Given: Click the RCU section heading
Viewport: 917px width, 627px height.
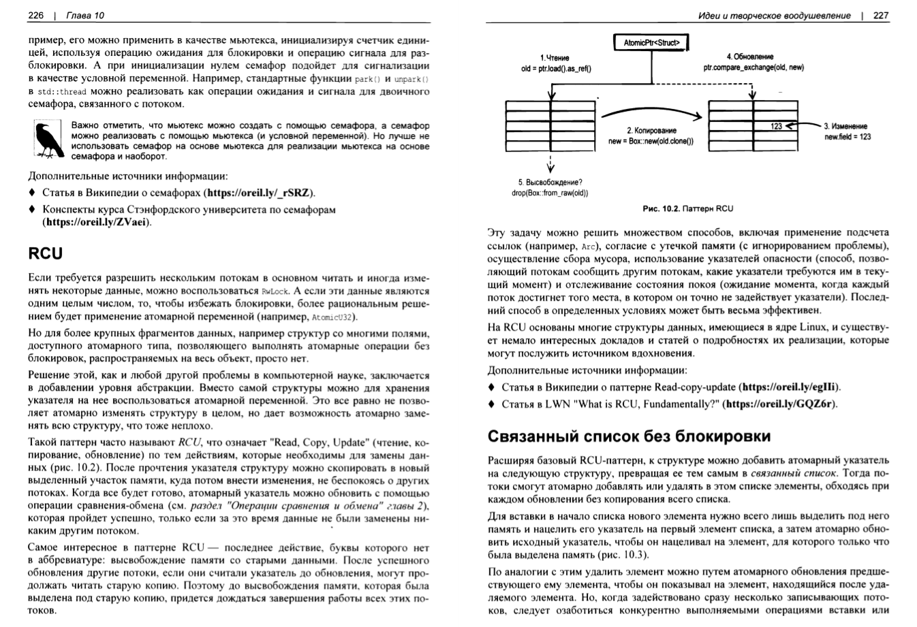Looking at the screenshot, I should click(x=46, y=254).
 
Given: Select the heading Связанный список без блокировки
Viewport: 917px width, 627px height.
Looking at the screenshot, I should click(x=630, y=435).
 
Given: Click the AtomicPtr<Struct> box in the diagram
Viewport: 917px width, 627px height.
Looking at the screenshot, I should click(x=651, y=43).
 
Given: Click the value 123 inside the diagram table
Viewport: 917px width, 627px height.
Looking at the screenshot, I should click(x=776, y=126).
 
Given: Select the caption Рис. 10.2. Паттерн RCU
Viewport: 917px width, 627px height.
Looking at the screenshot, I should click(x=687, y=208).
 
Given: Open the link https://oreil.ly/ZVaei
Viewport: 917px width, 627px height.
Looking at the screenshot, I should click(x=96, y=222).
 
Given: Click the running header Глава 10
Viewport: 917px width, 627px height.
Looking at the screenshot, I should click(x=76, y=16).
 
